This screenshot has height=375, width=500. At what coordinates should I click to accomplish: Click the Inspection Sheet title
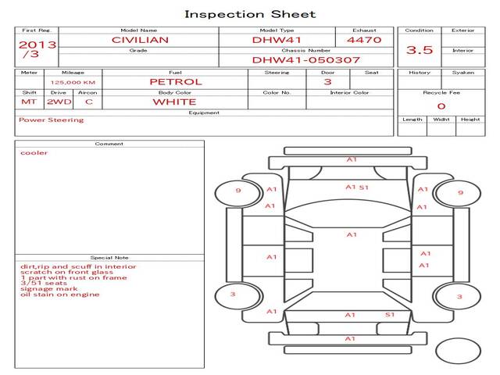pos(250,14)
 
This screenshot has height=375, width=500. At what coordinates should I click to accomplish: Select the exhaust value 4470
pos(363,39)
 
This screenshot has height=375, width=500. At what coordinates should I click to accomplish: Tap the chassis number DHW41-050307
pos(305,59)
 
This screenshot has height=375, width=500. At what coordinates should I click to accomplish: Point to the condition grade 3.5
pos(420,49)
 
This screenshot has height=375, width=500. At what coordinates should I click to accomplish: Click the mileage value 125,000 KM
pos(73,81)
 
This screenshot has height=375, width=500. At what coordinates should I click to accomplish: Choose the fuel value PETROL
pos(176,81)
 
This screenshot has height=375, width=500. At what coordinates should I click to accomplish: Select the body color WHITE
pos(175,102)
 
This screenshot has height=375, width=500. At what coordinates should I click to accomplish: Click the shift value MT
pos(29,102)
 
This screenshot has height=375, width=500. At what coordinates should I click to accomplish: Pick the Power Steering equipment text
pos(51,120)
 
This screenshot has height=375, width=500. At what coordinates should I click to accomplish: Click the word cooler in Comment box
pos(34,153)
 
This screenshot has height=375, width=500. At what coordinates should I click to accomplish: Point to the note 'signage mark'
pos(44,288)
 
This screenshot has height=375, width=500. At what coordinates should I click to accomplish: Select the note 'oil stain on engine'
pos(60,295)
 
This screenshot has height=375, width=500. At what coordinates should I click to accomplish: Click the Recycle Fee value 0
pos(441,105)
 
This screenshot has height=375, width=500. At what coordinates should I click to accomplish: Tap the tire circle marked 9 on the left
pos(238,191)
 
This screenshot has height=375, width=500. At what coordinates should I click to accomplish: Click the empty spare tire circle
pos(458,352)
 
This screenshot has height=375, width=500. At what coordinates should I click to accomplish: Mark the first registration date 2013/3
pos(37,49)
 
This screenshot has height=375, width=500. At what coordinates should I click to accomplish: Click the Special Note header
pos(109,257)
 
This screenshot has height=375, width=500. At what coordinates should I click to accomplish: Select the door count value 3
pos(327,81)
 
